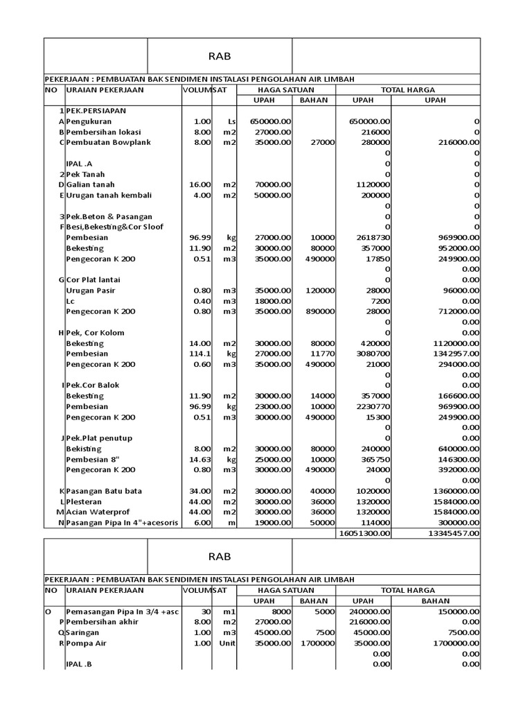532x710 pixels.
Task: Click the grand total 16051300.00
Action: pos(364,533)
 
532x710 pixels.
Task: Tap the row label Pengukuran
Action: pos(91,121)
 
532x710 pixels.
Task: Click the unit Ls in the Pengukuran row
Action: pos(231,121)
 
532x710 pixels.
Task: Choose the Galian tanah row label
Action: pos(90,184)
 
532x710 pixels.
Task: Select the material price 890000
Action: pos(319,311)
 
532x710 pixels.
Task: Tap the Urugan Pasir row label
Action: pos(90,291)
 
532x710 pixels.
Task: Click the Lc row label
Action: pos(70,301)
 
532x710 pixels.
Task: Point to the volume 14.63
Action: pos(199,459)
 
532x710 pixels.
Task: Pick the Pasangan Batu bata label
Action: pos(104,491)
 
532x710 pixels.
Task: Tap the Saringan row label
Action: pos(83,633)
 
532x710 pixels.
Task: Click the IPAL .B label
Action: pos(78,664)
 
